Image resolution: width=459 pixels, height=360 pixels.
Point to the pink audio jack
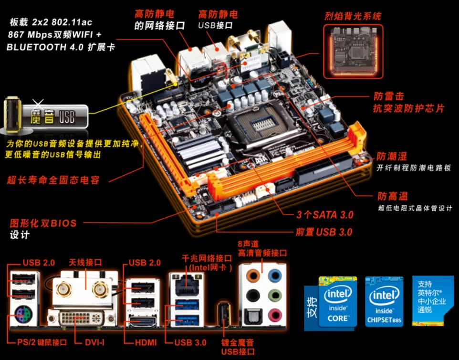tap(274, 315)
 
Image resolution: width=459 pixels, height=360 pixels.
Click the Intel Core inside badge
tap(337, 301)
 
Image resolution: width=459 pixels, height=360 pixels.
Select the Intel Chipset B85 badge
tap(384, 301)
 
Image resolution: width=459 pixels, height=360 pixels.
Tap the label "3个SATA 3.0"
tap(325, 214)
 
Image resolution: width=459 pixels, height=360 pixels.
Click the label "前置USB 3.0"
tap(324, 232)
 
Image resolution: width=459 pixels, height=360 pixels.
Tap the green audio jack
tap(274, 295)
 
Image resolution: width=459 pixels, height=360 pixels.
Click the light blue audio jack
tap(274, 275)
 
